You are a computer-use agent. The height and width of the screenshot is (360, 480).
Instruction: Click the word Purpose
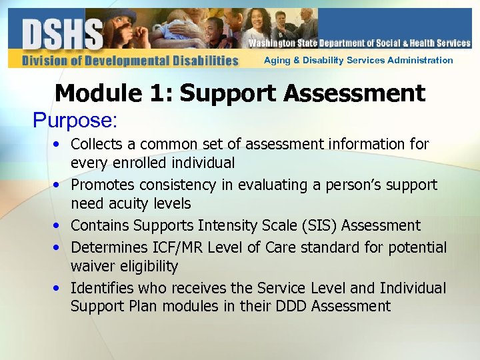(75, 120)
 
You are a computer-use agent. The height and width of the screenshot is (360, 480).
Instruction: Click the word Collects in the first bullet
(97, 144)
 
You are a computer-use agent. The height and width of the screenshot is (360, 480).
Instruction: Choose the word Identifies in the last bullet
(102, 288)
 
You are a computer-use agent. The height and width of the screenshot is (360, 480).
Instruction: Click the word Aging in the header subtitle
(277, 60)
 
